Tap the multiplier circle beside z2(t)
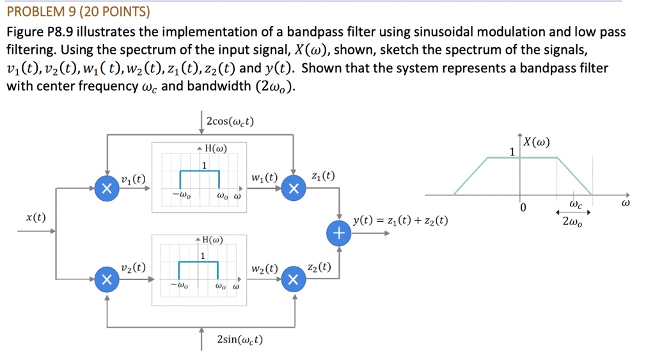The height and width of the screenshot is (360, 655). (x=293, y=279)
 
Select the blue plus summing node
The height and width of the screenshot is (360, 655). (x=339, y=233)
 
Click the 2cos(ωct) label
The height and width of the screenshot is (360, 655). (x=230, y=121)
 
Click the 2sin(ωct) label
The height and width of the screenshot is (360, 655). (x=240, y=339)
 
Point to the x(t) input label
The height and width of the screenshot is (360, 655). (x=36, y=217)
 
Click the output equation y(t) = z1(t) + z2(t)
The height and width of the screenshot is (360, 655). (x=400, y=221)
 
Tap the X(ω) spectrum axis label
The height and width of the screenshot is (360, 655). (x=537, y=142)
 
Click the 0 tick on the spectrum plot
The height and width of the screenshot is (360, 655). (x=523, y=208)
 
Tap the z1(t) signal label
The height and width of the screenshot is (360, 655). (x=322, y=176)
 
